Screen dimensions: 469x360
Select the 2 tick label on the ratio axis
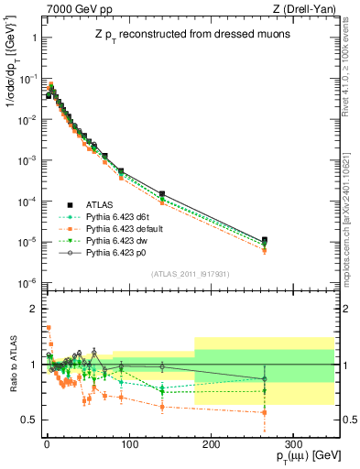32,309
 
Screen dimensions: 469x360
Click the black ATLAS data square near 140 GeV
161,194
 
